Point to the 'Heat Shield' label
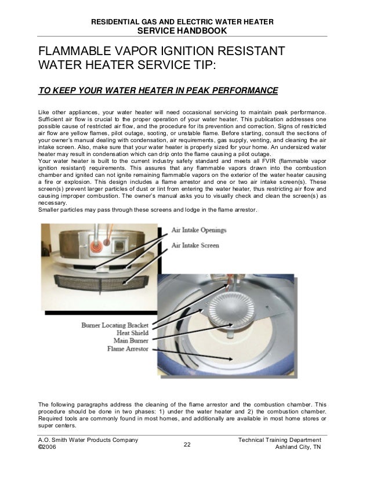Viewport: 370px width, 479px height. [132, 333]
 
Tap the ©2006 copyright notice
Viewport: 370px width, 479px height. [47, 449]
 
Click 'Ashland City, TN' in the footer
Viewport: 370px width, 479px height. [303, 449]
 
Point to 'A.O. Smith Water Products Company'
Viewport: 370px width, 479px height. [88, 441]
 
